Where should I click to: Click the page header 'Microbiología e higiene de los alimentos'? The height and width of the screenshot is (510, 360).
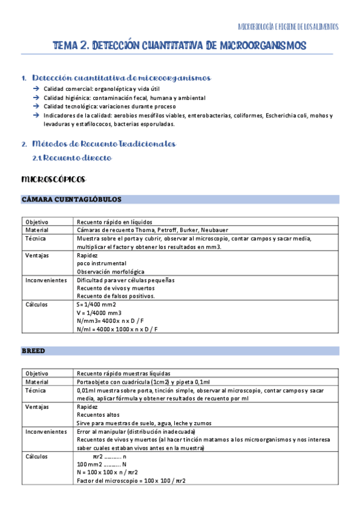tap(288, 27)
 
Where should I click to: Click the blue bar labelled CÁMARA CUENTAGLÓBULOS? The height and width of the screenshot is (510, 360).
tap(180, 199)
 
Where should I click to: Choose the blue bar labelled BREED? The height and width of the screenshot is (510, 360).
tap(180, 350)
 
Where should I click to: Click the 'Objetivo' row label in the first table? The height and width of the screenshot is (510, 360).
tap(37, 222)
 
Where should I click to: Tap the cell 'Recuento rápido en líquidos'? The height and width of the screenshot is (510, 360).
tap(114, 222)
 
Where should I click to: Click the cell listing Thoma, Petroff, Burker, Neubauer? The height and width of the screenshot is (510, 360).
tap(153, 230)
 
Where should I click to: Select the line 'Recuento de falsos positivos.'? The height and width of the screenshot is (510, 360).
tap(115, 296)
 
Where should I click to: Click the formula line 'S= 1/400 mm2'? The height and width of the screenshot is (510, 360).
tap(96, 304)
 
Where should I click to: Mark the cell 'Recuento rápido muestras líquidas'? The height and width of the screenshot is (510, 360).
tap(123, 373)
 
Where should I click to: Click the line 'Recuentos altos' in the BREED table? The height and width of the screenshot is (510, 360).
tap(98, 415)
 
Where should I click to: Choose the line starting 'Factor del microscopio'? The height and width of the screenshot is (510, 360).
tap(131, 481)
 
